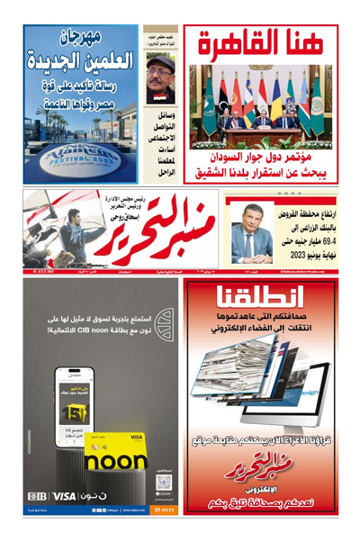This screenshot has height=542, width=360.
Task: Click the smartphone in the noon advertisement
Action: click(x=74, y=405)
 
